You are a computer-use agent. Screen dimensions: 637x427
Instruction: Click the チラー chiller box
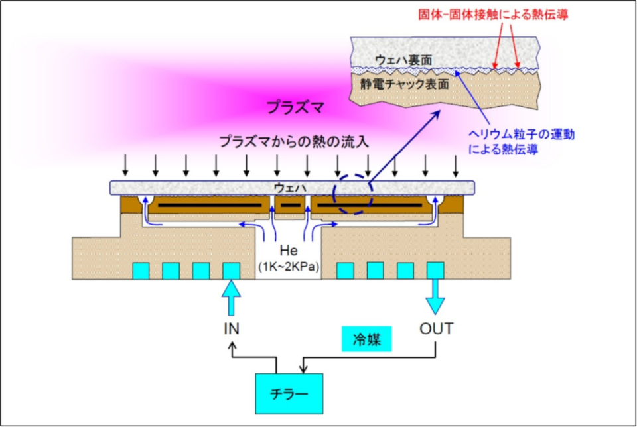289,393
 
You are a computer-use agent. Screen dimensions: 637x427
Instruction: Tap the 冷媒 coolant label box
366,339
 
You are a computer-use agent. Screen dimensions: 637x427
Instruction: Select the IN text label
232,328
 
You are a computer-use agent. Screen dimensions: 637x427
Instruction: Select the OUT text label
437,328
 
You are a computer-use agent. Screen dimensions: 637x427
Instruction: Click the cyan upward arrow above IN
231,298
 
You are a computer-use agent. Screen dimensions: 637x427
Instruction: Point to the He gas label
289,251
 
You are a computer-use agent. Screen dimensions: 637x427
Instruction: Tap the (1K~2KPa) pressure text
289,267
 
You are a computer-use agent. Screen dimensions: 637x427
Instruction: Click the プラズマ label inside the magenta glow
295,107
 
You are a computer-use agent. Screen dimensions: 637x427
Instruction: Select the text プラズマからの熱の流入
294,142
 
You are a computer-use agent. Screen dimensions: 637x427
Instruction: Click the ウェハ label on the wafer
290,188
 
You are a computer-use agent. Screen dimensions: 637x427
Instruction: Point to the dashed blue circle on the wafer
352,175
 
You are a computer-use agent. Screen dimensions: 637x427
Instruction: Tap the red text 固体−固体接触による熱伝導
493,15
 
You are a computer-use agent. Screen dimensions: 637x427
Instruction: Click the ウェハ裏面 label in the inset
403,60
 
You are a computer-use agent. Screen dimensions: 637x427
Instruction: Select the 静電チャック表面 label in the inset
404,84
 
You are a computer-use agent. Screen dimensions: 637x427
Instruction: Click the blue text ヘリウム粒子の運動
522,135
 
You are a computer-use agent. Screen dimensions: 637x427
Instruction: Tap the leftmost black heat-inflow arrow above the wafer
125,166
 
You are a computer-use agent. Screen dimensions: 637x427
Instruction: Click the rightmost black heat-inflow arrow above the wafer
455,166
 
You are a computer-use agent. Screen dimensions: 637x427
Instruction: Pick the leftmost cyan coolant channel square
141,271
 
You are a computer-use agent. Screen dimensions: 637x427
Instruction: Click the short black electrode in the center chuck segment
291,205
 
